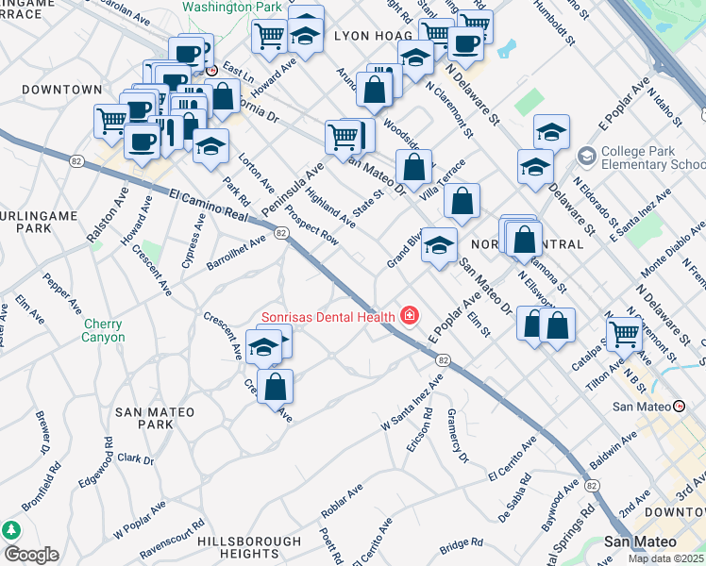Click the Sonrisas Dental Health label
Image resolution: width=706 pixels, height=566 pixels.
pyautogui.click(x=328, y=316)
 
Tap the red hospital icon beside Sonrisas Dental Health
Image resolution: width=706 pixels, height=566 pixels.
pyautogui.click(x=409, y=316)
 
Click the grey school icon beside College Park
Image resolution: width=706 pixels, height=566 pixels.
pyautogui.click(x=586, y=153)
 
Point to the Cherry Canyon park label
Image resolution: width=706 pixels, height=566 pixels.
pyautogui.click(x=104, y=330)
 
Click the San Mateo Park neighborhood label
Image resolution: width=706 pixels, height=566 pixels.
pyautogui.click(x=155, y=418)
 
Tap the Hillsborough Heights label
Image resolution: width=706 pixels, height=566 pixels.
pyautogui.click(x=249, y=547)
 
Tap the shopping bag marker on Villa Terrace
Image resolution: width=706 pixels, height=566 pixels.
pyautogui.click(x=462, y=202)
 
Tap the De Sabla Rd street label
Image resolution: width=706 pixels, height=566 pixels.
pyautogui.click(x=519, y=505)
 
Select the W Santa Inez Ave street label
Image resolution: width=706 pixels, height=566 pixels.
pyautogui.click(x=412, y=399)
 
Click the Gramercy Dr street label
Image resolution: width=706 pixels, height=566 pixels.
pyautogui.click(x=458, y=436)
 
